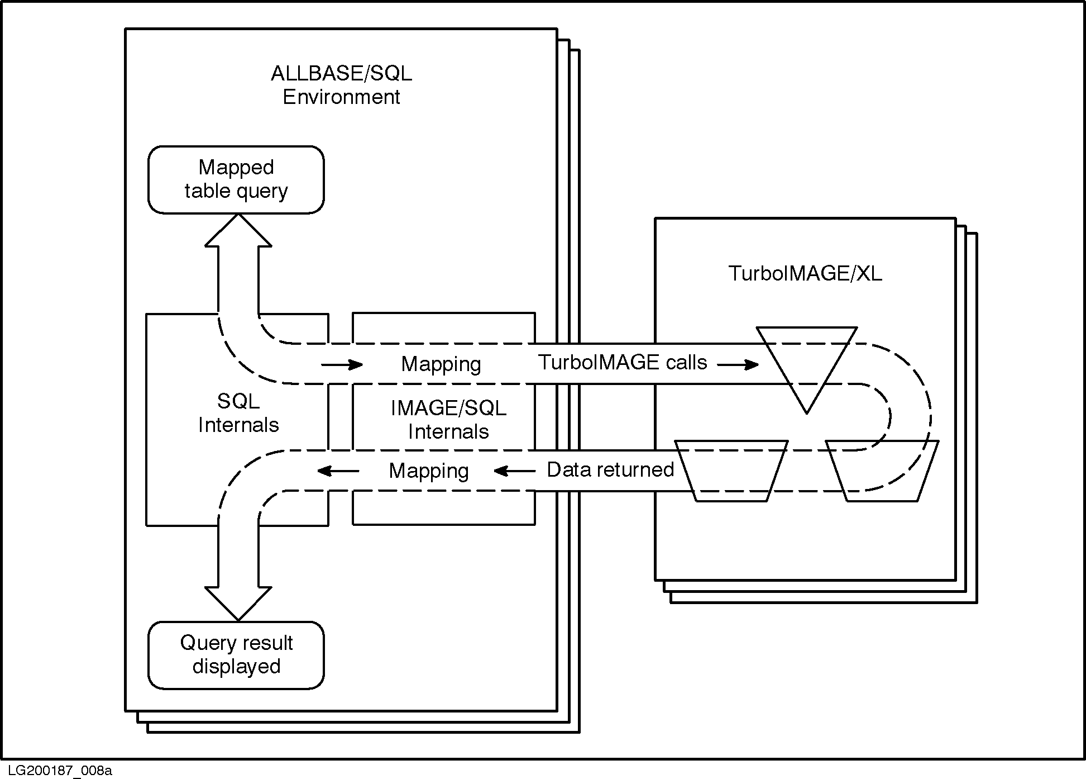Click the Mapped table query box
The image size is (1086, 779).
pos(236,179)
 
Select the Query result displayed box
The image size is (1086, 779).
pos(236,655)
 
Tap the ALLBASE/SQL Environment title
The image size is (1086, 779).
pos(341,85)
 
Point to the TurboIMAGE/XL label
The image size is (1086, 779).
pos(805,273)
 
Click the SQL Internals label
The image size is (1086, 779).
pos(238,413)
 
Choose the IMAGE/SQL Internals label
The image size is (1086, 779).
pos(448,420)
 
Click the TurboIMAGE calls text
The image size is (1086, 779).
pos(623,363)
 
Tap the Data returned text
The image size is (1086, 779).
pos(610,470)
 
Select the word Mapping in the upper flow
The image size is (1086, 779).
pos(441,364)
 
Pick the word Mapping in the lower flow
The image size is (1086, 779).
pos(429,471)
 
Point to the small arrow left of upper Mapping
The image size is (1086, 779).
pos(342,365)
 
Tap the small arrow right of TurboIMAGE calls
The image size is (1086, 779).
pos(738,365)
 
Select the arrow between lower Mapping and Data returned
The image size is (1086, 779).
pos(514,471)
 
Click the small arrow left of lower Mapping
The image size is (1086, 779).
pos(338,471)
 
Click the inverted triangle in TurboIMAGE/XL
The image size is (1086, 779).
pos(806,360)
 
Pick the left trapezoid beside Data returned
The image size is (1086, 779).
pos(731,470)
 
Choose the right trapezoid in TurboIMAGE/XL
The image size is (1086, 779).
pos(882,470)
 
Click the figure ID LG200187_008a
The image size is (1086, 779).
pos(56,771)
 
